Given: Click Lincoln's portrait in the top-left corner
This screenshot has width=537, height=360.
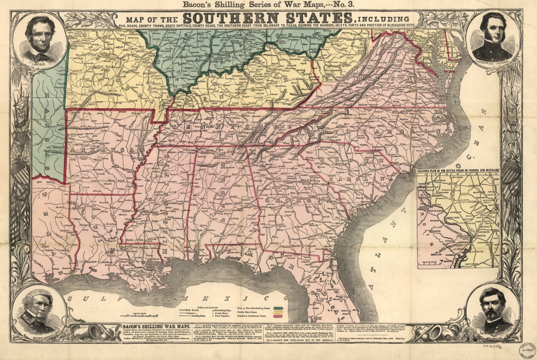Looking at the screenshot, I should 41,39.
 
